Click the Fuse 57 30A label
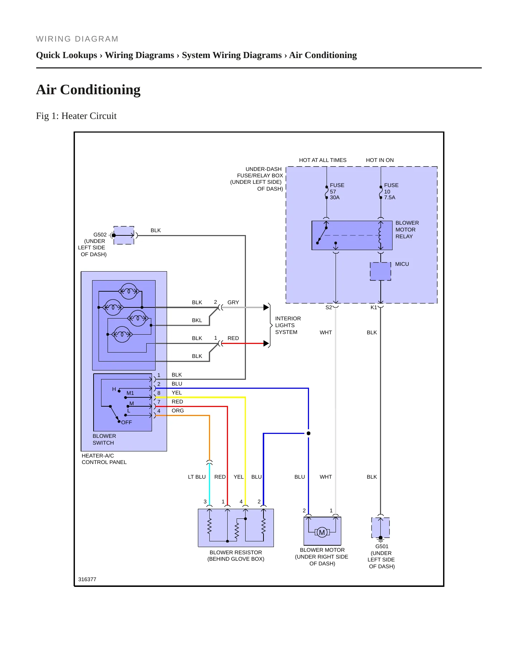(x=337, y=191)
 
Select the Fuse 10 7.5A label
(x=391, y=191)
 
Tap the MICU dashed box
(x=380, y=271)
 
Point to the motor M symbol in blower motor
(x=322, y=532)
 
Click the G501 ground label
(x=381, y=556)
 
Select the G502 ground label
(x=92, y=244)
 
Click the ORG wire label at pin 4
(x=177, y=411)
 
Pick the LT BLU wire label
(x=197, y=477)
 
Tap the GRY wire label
(x=233, y=302)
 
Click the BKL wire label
(x=197, y=320)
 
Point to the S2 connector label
(x=329, y=307)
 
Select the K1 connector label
(x=374, y=307)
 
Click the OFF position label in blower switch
(x=127, y=422)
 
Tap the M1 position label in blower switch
(x=130, y=393)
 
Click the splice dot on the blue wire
(x=308, y=433)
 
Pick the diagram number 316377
(x=87, y=579)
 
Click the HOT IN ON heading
(x=380, y=160)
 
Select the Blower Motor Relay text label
(x=407, y=230)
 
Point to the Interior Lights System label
(x=288, y=325)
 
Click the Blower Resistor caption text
(x=236, y=556)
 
